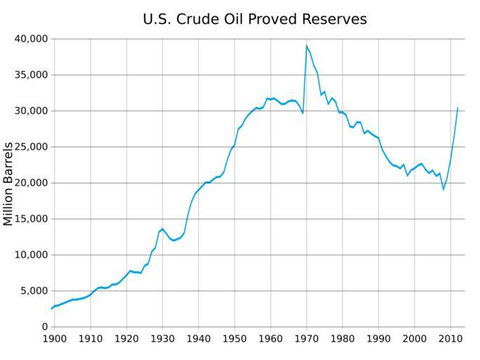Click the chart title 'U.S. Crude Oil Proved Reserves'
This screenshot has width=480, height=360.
[x=254, y=19]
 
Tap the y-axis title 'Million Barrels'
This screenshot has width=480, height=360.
[x=8, y=184]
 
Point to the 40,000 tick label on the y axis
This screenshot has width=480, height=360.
[x=30, y=39]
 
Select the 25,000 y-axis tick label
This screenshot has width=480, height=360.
[x=30, y=147]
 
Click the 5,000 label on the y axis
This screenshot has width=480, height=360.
[x=33, y=291]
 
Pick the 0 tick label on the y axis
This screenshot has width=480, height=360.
[x=43, y=327]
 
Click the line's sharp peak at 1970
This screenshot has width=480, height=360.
[x=306, y=46]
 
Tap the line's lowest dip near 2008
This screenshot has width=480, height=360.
[x=443, y=189]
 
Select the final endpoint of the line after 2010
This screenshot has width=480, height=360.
[x=458, y=108]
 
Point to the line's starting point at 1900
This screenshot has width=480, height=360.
[x=51, y=309]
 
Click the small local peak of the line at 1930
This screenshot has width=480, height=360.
[x=162, y=229]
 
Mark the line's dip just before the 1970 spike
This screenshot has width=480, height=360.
[x=303, y=113]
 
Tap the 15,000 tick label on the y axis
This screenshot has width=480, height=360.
[x=30, y=219]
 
